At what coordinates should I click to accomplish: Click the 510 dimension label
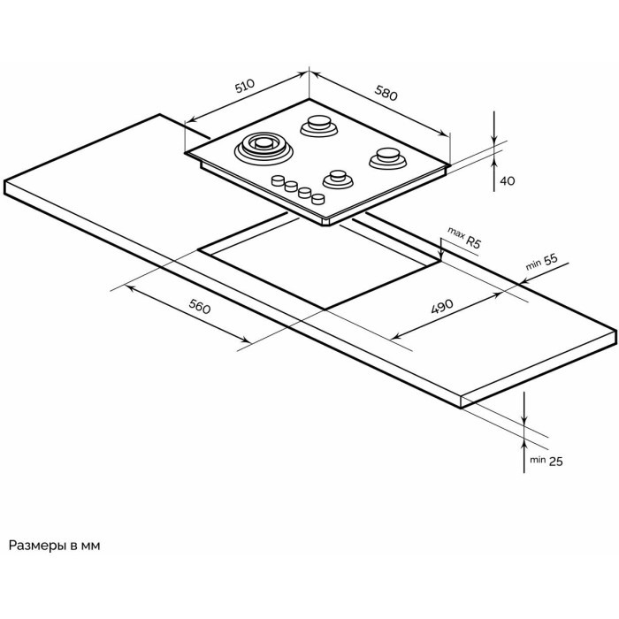pyautogui.click(x=245, y=87)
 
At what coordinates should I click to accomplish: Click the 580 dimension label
pyautogui.click(x=386, y=94)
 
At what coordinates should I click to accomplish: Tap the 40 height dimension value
pyautogui.click(x=508, y=180)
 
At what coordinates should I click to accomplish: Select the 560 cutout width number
pyautogui.click(x=200, y=307)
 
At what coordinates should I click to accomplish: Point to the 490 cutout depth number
pyautogui.click(x=442, y=306)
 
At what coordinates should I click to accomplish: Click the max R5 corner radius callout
pyautogui.click(x=464, y=237)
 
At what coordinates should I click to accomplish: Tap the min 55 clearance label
pyautogui.click(x=542, y=262)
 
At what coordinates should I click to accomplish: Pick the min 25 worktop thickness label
pyautogui.click(x=546, y=461)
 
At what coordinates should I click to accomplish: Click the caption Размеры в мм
pyautogui.click(x=55, y=546)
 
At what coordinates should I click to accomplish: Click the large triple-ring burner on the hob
pyautogui.click(x=264, y=148)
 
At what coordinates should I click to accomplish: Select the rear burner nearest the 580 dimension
pyautogui.click(x=319, y=126)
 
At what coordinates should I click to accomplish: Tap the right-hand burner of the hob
pyautogui.click(x=388, y=157)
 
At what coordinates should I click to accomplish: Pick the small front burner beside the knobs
pyautogui.click(x=338, y=179)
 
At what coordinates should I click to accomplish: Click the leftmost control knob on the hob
pyautogui.click(x=278, y=180)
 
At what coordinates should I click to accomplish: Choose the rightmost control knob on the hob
pyautogui.click(x=318, y=199)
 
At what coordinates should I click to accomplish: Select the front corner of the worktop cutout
pyautogui.click(x=325, y=309)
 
